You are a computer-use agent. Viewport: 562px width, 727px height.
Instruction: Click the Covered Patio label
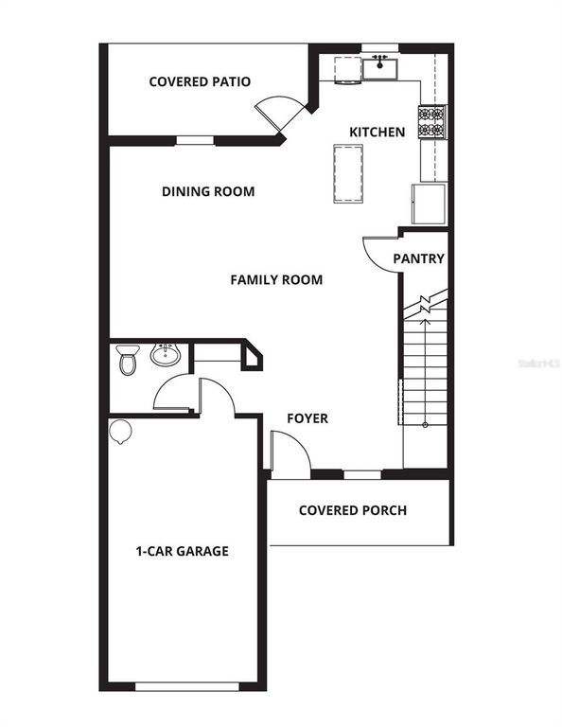point(200,81)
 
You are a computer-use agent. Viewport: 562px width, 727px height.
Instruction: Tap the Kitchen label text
point(378,133)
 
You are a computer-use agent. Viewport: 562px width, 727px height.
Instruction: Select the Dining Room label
point(208,191)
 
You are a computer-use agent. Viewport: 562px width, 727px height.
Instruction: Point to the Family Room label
point(276,279)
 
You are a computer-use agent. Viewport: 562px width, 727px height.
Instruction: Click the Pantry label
point(418,258)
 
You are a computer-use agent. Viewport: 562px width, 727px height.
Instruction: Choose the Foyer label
point(307,417)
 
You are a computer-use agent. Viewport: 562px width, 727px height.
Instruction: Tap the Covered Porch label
point(353,510)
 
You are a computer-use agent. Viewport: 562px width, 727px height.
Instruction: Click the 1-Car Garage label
point(182,550)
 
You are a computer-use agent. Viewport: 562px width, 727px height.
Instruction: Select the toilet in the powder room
point(127,360)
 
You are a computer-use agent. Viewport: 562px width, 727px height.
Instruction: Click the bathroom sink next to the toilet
point(165,356)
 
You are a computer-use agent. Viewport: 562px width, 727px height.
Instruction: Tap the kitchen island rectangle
point(348,173)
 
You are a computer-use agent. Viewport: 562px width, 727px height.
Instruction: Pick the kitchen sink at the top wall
point(381,67)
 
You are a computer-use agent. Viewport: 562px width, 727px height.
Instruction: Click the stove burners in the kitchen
point(431,120)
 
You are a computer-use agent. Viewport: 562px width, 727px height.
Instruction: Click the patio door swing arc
point(278,113)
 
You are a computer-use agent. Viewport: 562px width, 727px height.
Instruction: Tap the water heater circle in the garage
point(120,432)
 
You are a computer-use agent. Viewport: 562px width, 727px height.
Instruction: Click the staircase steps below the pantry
point(425,379)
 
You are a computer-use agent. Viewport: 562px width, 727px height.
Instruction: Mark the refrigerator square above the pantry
point(429,204)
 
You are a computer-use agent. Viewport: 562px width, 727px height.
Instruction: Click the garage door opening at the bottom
point(183,685)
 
